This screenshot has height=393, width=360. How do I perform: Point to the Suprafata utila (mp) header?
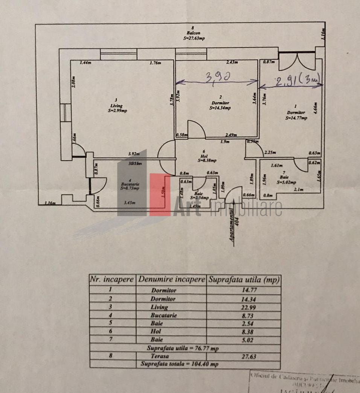coord(243,280)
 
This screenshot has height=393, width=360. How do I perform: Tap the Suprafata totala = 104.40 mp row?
coord(179,364)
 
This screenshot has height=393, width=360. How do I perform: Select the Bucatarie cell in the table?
coord(163,315)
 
